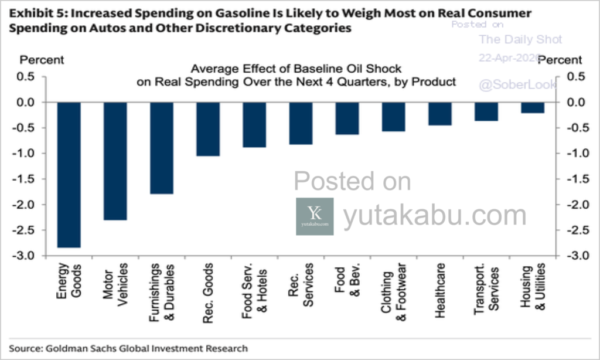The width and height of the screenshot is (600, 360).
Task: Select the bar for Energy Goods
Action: pos(69,175)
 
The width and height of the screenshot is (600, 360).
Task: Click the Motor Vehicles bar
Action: pos(115,161)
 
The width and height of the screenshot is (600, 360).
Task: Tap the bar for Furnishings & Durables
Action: pos(162,148)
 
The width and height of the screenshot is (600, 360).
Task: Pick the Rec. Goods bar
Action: pos(208,129)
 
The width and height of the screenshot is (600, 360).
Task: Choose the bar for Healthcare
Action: pos(440,114)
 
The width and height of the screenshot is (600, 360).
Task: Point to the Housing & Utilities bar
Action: pos(533,108)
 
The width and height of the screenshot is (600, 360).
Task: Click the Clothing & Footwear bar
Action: pos(394,117)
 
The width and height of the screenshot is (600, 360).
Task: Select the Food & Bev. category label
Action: pos(347,286)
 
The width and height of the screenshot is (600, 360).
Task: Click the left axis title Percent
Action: pos(42,60)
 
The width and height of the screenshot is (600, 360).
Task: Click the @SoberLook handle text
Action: pos(517,85)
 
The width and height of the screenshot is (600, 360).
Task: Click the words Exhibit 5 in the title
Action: pos(31,13)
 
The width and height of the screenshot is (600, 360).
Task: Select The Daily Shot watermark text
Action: pos(520,40)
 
